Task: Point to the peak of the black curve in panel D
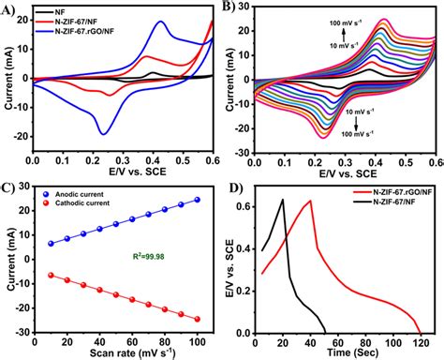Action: (x=282, y=200)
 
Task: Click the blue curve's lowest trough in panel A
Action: (x=104, y=134)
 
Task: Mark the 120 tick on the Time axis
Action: (x=420, y=340)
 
